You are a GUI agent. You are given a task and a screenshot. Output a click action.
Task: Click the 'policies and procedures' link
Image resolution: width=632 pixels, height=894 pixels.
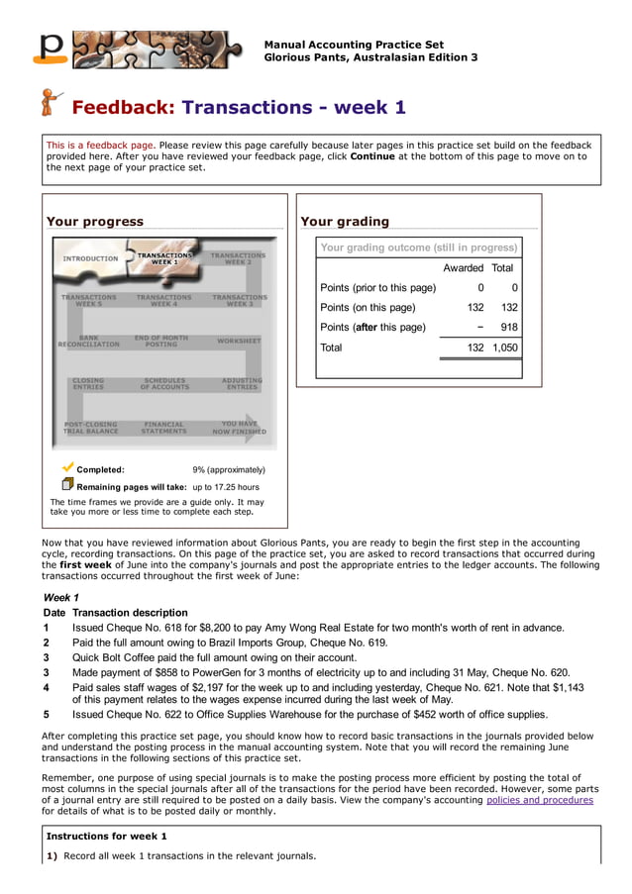539,800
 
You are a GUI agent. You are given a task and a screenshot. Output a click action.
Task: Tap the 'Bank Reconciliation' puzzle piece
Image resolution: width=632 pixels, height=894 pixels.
88,342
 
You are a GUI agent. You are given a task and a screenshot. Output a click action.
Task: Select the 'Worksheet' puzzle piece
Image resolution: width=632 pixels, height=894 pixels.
239,341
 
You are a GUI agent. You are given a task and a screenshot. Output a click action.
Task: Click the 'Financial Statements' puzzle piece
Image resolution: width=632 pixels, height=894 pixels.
163,428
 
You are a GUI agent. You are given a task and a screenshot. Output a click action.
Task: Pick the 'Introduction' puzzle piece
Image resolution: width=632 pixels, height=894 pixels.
90,258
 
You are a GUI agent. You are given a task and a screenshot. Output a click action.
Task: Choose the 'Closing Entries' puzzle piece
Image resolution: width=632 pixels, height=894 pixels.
88,383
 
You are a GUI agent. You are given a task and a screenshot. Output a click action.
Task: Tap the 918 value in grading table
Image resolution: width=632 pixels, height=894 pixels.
508,328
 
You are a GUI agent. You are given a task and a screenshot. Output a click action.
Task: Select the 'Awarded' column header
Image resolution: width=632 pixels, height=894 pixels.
463,268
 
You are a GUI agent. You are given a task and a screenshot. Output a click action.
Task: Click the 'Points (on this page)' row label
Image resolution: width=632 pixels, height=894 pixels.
368,308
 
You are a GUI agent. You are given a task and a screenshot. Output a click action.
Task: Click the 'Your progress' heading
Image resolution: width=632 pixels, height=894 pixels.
95,222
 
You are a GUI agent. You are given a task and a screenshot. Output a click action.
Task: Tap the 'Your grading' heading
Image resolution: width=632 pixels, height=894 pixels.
345,222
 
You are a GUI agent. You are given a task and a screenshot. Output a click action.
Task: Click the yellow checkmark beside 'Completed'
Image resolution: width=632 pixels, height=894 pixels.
67,467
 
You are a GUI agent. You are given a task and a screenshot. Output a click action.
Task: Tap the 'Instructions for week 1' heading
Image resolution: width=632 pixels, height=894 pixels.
106,837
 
